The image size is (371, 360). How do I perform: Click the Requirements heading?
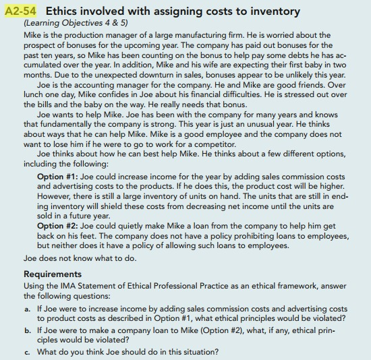pos(53,274)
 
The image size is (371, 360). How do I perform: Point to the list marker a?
pos(27,309)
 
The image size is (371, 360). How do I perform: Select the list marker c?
pos(27,352)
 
